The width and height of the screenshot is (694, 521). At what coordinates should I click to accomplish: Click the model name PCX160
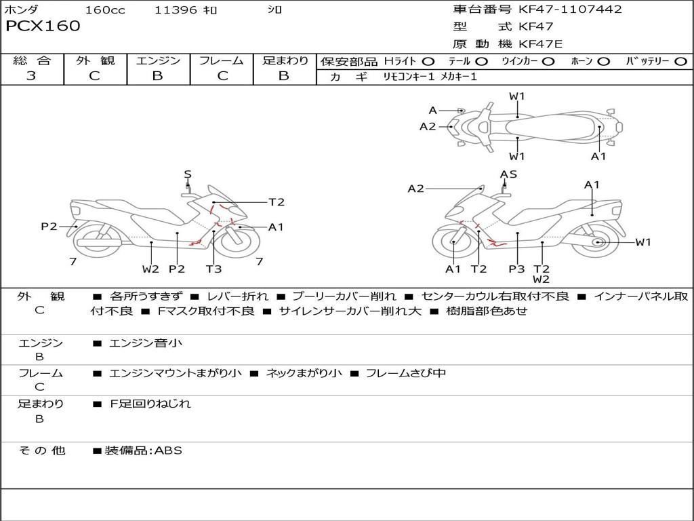tap(43, 26)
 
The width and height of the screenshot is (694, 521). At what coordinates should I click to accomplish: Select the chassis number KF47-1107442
tap(570, 9)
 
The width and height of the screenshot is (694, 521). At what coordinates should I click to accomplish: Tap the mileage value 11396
tap(176, 10)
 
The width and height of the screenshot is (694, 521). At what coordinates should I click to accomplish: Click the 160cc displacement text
tap(105, 10)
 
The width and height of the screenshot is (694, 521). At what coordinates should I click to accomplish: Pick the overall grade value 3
tap(31, 76)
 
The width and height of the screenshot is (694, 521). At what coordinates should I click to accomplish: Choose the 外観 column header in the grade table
tap(95, 61)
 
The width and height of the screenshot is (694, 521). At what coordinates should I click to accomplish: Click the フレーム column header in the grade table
tap(222, 61)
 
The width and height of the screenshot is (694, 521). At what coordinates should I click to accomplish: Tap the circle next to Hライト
tap(428, 62)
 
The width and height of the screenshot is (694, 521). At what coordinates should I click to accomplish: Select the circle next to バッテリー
tap(680, 62)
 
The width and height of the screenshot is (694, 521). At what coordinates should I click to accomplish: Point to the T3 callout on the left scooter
tap(213, 269)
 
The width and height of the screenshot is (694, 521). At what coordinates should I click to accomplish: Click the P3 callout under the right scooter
tap(516, 269)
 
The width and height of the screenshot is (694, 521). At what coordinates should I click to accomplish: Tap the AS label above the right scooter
tap(508, 174)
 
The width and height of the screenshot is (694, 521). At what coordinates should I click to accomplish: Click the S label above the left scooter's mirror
tap(188, 174)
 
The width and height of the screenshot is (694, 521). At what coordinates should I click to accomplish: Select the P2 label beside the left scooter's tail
tap(49, 227)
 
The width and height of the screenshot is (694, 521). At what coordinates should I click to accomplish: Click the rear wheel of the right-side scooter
tap(597, 242)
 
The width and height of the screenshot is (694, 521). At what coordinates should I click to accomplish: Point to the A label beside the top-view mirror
tap(433, 110)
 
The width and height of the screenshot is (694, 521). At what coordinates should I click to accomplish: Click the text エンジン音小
tap(145, 343)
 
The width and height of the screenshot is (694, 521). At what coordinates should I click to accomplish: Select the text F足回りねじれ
tap(150, 404)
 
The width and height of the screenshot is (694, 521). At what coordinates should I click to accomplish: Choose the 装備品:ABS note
tap(143, 450)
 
